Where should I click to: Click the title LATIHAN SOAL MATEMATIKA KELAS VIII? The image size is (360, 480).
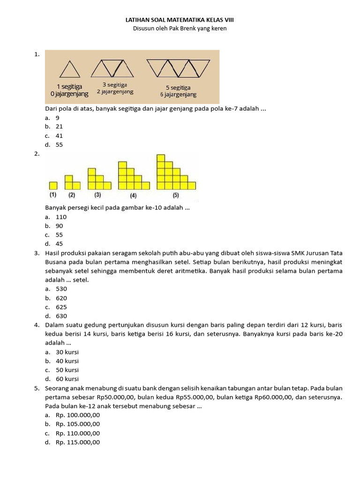click(180, 20)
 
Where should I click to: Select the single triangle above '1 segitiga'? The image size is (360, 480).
click(69, 70)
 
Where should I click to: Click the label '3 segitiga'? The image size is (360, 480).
click(115, 84)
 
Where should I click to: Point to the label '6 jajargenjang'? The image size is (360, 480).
click(178, 94)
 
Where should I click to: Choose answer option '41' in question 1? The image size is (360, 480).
click(59, 135)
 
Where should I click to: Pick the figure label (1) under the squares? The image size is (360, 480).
click(53, 195)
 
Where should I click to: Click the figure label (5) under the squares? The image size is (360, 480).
click(176, 195)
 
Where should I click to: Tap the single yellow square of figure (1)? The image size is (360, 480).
click(53, 185)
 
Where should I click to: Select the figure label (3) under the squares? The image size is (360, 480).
click(97, 195)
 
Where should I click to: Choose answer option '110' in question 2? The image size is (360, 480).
click(61, 217)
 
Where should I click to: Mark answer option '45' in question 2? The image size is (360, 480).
click(59, 244)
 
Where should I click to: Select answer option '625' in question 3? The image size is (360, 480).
click(61, 307)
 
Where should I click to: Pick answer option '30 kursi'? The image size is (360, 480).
click(67, 352)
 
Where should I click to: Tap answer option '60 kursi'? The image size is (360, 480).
click(67, 379)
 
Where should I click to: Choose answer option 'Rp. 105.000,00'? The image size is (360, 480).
click(77, 424)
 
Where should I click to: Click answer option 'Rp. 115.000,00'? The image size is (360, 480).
click(77, 442)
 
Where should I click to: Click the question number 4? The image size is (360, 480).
click(37, 325)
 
